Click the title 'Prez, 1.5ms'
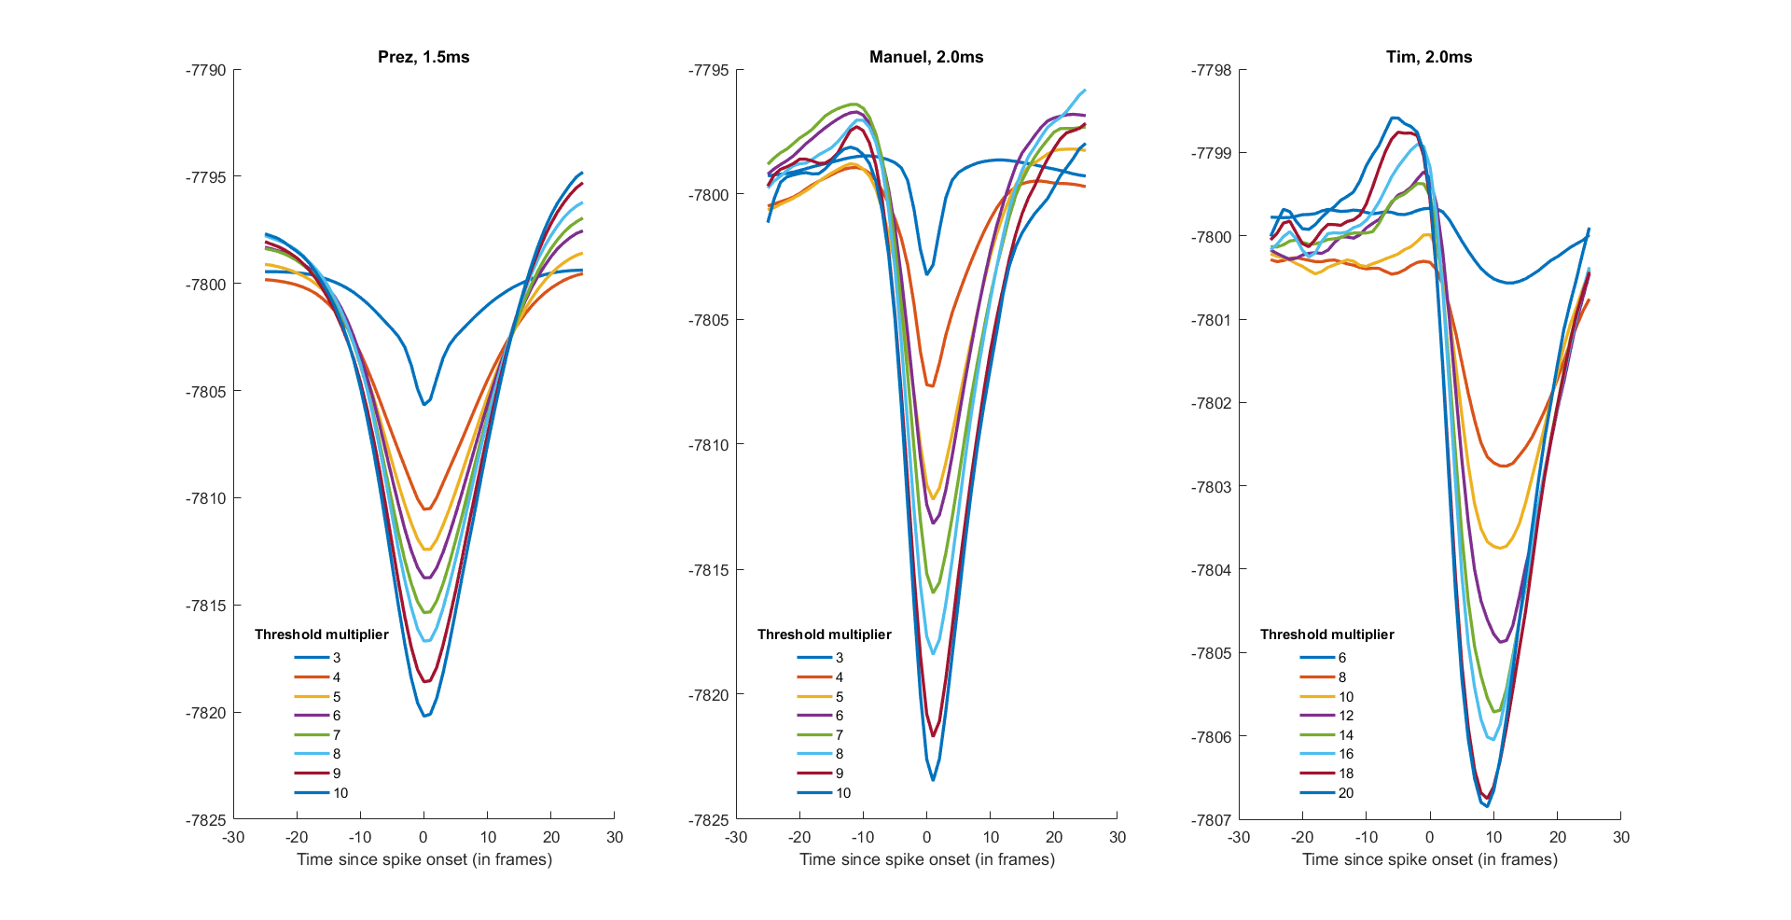coord(423,57)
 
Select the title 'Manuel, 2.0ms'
coord(926,57)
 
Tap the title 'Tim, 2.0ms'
coord(1429,57)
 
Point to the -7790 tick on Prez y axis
coord(206,70)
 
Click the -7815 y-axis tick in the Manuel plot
coord(709,570)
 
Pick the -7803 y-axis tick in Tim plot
coord(1212,487)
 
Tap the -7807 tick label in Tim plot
coord(1212,820)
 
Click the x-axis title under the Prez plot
coord(424,859)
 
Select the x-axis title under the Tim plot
coord(1430,859)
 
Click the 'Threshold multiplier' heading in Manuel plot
coord(825,634)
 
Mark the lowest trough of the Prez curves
coord(424,716)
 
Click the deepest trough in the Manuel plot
coord(933,779)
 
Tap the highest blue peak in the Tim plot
coord(1393,118)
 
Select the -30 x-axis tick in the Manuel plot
coord(736,837)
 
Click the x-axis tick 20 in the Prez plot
coord(551,837)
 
